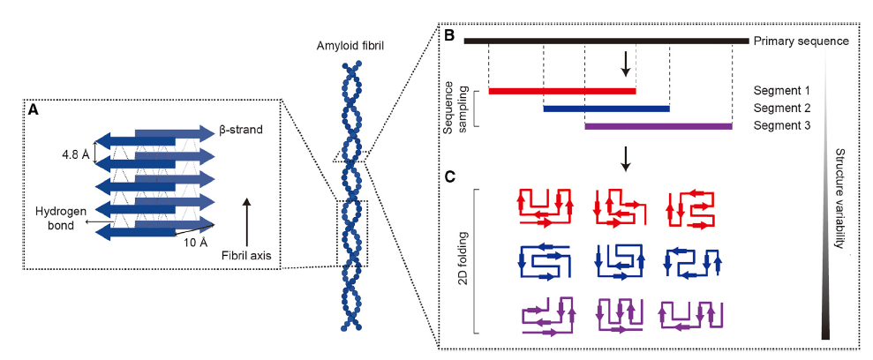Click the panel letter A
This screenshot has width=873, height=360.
(x=34, y=110)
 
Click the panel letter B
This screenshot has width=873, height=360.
(x=448, y=38)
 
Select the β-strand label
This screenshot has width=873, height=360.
(x=239, y=131)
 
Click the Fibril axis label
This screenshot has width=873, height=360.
(x=249, y=257)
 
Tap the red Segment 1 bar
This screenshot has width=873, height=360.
(x=561, y=90)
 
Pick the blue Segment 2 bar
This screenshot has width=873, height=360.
(x=606, y=109)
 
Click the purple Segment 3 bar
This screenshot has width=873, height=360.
(x=659, y=126)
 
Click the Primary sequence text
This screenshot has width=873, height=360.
(x=801, y=41)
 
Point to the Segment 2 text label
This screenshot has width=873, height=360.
(x=782, y=108)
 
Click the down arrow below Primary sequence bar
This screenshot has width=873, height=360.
(x=626, y=62)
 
